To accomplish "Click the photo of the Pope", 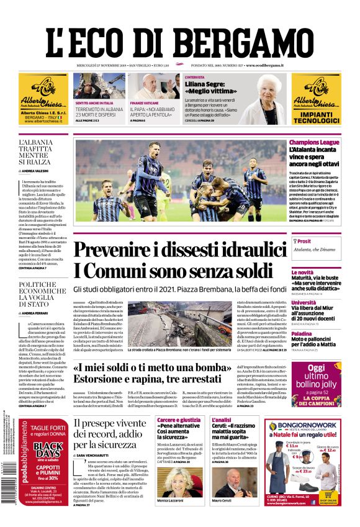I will (x=144, y=87).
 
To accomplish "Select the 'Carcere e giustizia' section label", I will (x=179, y=420).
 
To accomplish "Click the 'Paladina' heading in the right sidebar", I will (x=318, y=333).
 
